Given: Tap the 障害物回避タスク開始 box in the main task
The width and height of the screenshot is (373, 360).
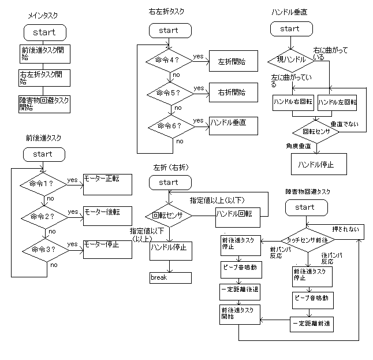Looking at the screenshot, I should (x=44, y=103).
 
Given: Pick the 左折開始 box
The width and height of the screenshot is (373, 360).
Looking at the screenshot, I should (x=232, y=61).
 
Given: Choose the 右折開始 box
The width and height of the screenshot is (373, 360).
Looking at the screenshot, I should (x=232, y=92).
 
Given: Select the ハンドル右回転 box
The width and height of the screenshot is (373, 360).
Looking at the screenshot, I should (x=293, y=102).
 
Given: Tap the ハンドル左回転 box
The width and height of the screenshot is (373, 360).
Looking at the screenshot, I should (x=338, y=102).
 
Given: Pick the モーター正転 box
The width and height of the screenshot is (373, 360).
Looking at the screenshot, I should (x=107, y=183).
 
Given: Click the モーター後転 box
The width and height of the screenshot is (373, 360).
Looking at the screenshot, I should (x=107, y=216).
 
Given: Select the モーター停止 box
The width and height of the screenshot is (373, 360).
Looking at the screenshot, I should (x=107, y=248).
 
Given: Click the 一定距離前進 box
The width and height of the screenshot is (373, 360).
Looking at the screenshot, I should (x=312, y=324).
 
